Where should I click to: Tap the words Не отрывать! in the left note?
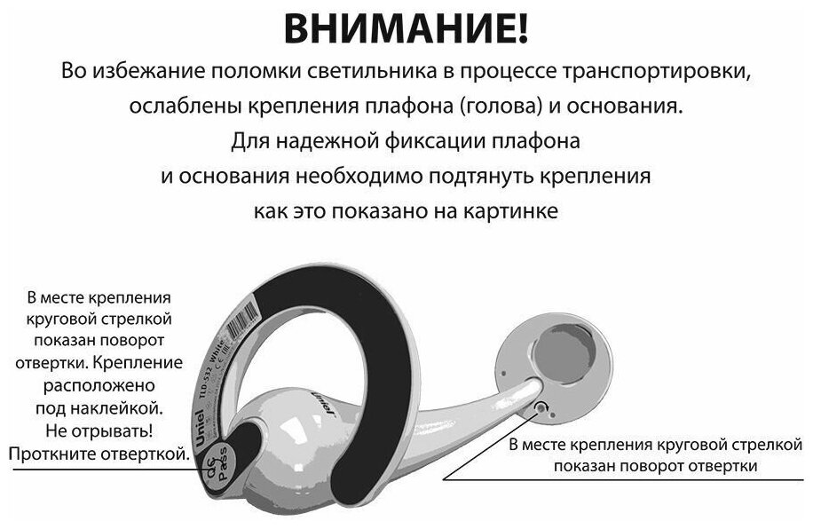(100, 431)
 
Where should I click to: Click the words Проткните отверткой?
(99, 454)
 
